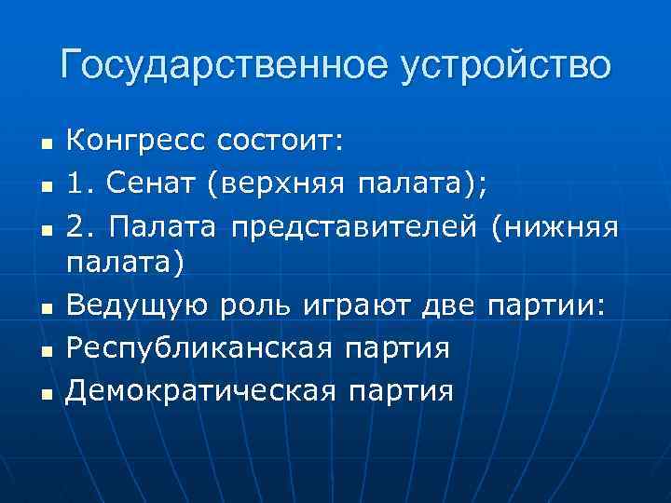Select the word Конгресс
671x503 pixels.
134,142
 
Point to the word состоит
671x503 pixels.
281,142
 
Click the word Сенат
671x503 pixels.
152,184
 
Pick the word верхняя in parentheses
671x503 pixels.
275,184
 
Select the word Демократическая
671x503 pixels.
201,390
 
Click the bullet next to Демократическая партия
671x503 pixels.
43,394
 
